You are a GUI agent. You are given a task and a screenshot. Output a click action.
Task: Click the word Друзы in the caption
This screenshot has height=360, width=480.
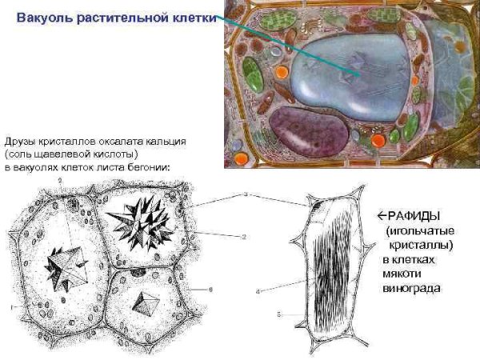(x=19, y=141)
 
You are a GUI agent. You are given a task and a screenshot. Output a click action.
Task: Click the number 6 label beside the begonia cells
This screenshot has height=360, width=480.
(x=210, y=288)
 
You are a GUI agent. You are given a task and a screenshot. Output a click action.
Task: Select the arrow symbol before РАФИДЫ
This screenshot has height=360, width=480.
(x=381, y=215)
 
